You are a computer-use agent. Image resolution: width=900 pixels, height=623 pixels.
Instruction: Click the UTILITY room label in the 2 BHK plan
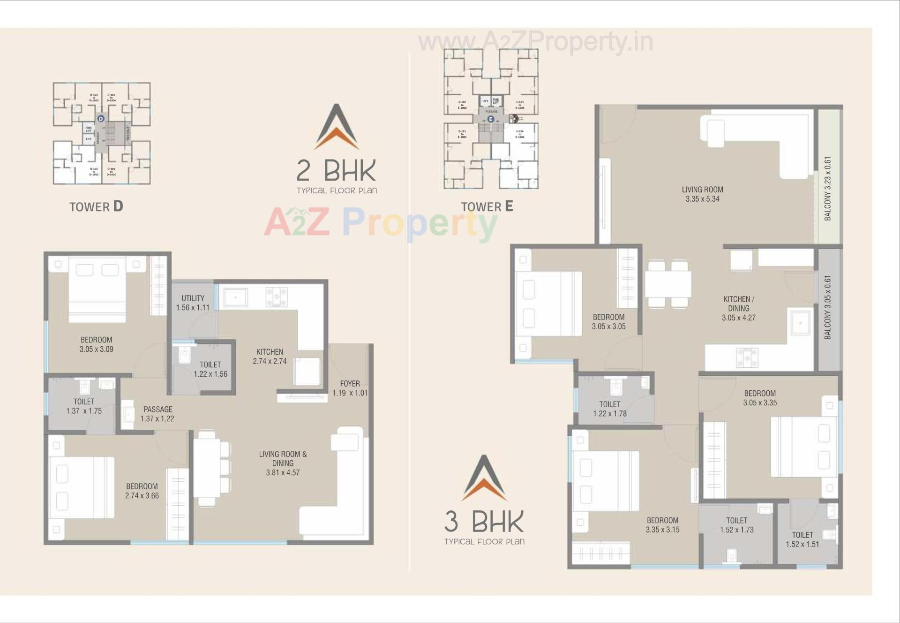(x=193, y=298)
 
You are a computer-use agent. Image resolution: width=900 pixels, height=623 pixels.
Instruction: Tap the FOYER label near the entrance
(x=350, y=384)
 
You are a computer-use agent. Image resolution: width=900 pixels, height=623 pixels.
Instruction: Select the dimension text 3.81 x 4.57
(x=283, y=473)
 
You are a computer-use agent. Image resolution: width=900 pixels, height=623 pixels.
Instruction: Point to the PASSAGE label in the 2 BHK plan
(x=158, y=410)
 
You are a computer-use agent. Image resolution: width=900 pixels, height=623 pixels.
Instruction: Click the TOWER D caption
(x=96, y=206)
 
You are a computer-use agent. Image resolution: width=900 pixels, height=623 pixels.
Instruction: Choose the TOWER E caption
(x=487, y=206)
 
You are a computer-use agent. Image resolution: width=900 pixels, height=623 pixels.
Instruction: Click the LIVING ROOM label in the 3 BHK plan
(x=702, y=190)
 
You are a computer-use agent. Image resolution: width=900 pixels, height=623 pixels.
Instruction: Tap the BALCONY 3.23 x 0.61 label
(x=828, y=189)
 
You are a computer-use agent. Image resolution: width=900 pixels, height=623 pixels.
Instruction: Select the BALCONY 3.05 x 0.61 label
(x=828, y=307)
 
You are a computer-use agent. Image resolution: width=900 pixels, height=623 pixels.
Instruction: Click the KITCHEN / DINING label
(x=739, y=304)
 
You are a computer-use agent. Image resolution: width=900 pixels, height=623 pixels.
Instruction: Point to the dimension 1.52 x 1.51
(x=802, y=544)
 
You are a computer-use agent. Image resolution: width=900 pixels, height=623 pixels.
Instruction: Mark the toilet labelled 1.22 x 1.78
(x=609, y=409)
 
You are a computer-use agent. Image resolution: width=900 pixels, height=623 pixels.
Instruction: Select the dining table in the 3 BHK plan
(x=667, y=284)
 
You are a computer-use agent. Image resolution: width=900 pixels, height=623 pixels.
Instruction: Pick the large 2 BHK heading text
(x=337, y=170)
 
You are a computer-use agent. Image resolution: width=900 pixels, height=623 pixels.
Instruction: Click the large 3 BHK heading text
(x=484, y=521)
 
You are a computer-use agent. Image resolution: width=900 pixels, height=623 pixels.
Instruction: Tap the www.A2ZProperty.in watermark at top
(x=535, y=42)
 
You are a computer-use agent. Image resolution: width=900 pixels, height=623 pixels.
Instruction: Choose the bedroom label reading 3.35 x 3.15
(x=662, y=525)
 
